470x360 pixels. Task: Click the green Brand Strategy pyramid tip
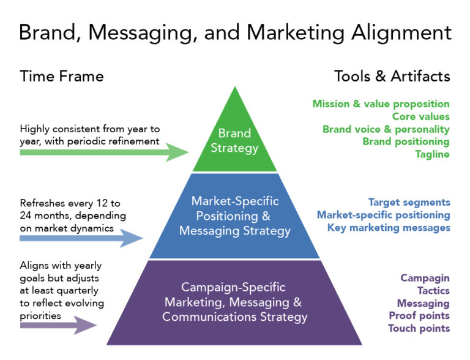(235, 140)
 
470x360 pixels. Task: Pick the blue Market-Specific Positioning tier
(234, 216)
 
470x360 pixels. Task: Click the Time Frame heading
(62, 77)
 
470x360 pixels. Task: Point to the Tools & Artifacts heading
(392, 77)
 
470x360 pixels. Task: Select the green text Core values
(420, 116)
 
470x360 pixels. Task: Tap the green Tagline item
(432, 154)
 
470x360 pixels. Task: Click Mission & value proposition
(381, 104)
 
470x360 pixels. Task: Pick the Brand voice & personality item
(386, 129)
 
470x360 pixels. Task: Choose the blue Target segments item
(409, 202)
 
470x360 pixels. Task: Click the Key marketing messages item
(389, 227)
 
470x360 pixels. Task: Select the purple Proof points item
(419, 316)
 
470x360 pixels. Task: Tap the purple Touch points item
(419, 328)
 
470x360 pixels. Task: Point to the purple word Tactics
(433, 291)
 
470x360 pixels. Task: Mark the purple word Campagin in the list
(425, 278)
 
